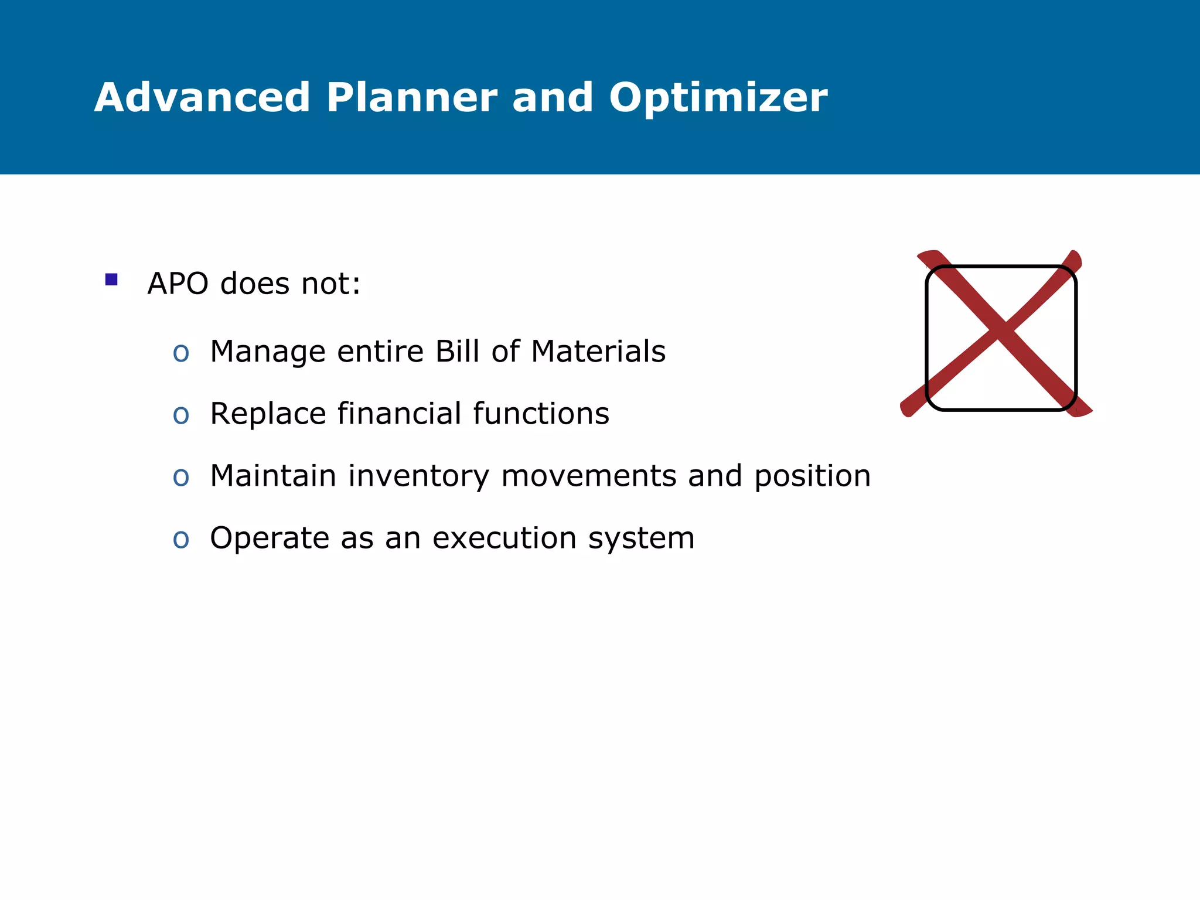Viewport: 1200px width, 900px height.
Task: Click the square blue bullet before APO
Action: [111, 279]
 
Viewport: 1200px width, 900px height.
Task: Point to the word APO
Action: [178, 284]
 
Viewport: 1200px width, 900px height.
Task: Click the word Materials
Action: [598, 352]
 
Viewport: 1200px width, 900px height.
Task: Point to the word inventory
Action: [418, 476]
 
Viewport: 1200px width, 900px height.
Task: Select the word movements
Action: [589, 476]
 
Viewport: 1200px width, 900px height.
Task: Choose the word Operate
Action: [269, 539]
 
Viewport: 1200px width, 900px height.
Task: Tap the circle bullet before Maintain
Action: [181, 478]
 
